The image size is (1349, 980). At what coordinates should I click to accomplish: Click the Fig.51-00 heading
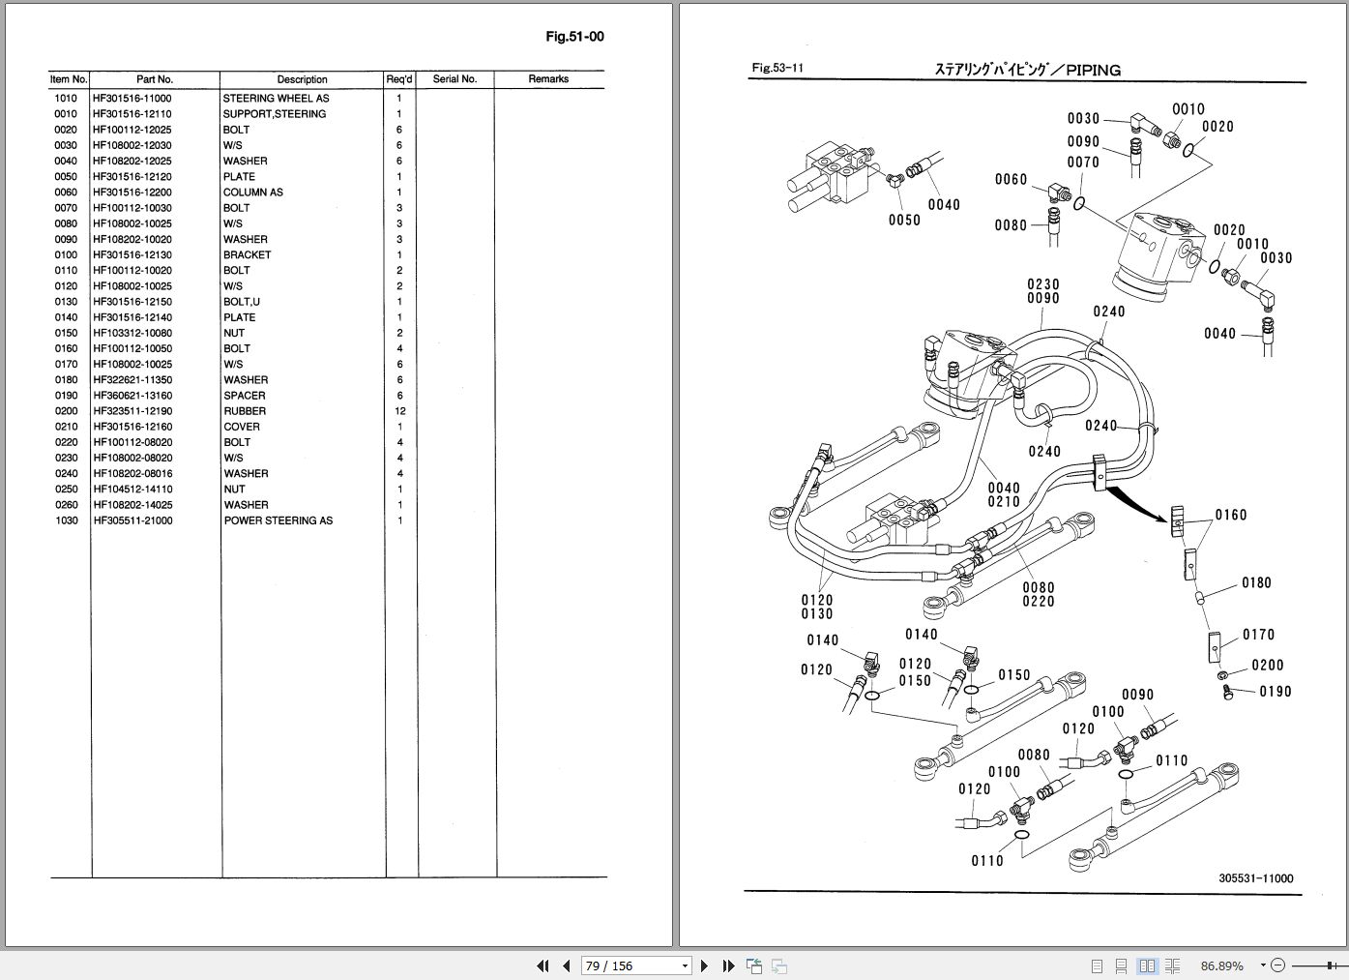(x=574, y=37)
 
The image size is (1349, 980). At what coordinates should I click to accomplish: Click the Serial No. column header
(x=455, y=79)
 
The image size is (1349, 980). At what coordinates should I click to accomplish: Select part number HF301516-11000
(x=132, y=99)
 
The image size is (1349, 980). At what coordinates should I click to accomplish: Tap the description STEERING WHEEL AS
(x=276, y=99)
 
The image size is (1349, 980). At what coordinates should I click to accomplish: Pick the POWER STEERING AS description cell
(x=278, y=520)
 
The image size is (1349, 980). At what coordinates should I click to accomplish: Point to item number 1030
(x=66, y=520)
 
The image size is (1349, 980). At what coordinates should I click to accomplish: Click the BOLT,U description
(x=241, y=302)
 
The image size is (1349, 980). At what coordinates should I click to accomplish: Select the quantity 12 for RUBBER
(x=399, y=411)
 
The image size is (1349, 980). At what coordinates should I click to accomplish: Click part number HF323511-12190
(x=132, y=411)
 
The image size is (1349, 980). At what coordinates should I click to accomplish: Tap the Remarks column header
(x=548, y=79)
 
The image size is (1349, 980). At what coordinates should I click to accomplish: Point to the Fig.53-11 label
(x=777, y=69)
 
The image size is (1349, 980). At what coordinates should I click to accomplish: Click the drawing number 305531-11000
(x=1255, y=878)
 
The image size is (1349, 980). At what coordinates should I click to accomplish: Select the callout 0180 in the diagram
(x=1256, y=582)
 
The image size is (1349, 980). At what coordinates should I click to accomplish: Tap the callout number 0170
(x=1258, y=635)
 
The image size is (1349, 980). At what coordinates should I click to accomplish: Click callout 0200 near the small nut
(x=1267, y=666)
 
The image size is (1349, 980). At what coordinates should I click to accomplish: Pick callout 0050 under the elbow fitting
(x=904, y=221)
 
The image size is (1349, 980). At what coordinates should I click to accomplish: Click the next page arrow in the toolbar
(x=705, y=965)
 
